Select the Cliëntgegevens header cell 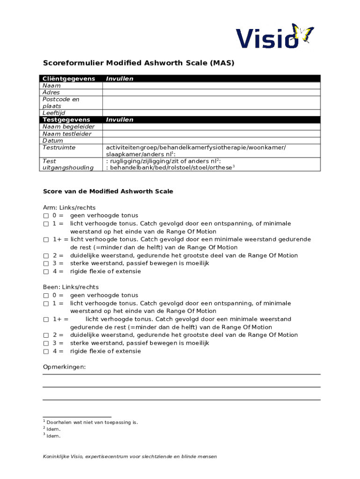(x=69, y=79)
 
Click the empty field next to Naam (x=211, y=86)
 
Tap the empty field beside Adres (x=211, y=93)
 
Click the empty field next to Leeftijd (x=211, y=113)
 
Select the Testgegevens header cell (x=66, y=120)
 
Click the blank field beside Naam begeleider (x=211, y=127)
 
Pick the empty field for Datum (x=211, y=140)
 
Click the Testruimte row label (x=59, y=147)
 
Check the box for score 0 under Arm (x=46, y=216)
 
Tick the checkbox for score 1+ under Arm (x=46, y=239)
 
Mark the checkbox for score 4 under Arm (x=46, y=271)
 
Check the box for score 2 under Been (x=46, y=335)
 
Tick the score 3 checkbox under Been (x=46, y=343)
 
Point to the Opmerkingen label (x=64, y=367)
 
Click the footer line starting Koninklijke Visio (x=130, y=457)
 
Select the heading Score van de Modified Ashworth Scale (x=108, y=191)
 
